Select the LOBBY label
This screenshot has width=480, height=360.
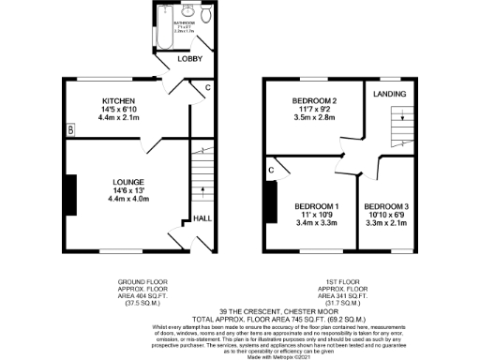(190, 60)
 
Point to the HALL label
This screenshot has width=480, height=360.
(202, 218)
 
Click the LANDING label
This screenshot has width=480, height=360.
(389, 95)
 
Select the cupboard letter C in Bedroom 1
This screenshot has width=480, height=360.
(271, 170)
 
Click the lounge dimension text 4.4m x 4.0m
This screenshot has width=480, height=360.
(128, 199)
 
